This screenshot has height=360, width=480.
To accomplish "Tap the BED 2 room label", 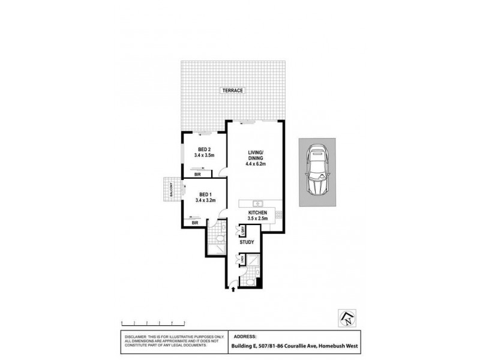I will [204, 149].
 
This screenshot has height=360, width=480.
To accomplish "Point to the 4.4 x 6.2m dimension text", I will [255, 163].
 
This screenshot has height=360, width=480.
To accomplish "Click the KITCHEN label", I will [258, 212].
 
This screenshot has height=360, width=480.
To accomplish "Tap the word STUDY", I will [247, 242].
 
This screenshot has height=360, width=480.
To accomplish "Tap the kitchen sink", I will [256, 203].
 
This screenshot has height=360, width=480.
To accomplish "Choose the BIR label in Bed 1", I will [195, 223].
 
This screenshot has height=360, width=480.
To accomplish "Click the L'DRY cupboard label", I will [243, 231].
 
